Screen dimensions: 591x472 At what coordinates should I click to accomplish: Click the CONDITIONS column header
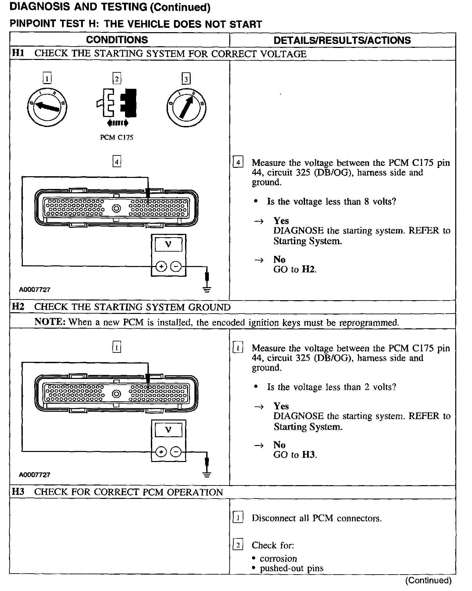pos(117,40)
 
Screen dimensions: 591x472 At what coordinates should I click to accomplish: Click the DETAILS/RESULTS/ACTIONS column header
pos(342,40)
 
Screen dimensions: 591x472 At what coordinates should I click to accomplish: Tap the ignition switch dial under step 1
pos(47,106)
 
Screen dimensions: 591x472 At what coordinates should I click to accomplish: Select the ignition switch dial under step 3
pos(186,107)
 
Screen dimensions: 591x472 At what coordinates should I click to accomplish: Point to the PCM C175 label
pos(117,138)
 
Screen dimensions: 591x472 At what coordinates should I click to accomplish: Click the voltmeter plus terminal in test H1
pos(161,267)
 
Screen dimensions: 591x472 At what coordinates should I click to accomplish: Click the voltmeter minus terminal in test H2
pos(176,452)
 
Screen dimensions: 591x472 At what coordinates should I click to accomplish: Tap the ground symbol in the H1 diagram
pos(207,289)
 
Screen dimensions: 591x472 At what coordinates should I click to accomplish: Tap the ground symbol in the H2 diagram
pos(207,474)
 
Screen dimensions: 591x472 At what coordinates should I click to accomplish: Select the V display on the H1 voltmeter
pos(168,245)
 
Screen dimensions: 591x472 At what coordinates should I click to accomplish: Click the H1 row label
pos(18,54)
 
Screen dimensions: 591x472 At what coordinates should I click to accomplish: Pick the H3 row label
pos(18,492)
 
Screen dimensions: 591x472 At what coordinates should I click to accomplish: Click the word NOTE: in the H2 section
pos(50,322)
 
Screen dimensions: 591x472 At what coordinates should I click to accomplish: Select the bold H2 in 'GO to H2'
pos(308,270)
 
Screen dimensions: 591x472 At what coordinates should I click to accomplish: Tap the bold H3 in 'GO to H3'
pos(309,455)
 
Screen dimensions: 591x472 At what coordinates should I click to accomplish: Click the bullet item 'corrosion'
pos(278,559)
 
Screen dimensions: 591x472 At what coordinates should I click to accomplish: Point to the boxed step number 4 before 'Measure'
pos(238,163)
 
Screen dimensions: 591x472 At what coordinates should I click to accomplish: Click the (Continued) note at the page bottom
pos(428,580)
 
